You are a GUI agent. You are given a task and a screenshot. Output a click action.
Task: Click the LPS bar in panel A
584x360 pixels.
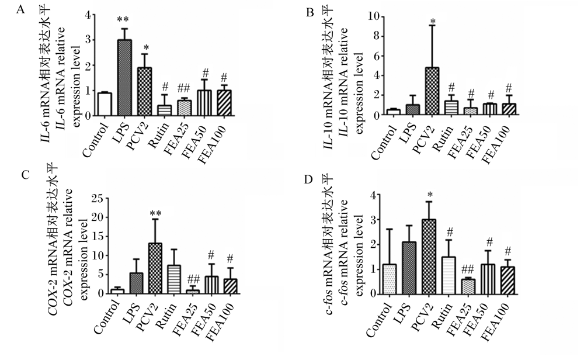tap(124, 78)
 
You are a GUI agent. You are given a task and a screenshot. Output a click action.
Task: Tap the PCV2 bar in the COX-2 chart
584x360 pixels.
tap(155, 269)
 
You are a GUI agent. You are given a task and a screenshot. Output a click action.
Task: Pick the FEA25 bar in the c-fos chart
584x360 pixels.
tap(468, 287)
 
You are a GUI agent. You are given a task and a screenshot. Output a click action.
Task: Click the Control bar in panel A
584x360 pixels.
tap(105, 105)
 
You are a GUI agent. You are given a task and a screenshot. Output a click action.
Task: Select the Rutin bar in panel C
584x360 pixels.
tap(174, 280)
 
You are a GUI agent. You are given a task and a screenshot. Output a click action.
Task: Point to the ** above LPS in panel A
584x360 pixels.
tap(123, 20)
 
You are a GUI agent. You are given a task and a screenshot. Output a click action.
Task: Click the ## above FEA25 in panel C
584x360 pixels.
tap(193, 278)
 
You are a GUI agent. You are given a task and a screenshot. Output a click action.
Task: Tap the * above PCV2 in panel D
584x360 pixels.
tap(430, 195)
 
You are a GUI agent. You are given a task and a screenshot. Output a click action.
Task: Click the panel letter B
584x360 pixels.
tap(310, 13)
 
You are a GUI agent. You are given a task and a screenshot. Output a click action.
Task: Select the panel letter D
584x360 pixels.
tap(308, 179)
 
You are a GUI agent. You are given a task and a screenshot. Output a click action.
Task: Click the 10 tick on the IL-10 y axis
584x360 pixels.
tap(374, 16)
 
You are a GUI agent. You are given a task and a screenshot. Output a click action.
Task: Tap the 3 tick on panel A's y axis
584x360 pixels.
tap(88, 40)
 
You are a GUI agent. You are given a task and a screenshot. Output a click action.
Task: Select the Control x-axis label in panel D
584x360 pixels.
tap(380, 319)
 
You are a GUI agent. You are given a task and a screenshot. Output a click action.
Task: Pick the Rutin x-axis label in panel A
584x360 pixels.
tap(159, 134)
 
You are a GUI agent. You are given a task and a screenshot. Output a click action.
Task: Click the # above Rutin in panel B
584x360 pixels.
tap(451, 88)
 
